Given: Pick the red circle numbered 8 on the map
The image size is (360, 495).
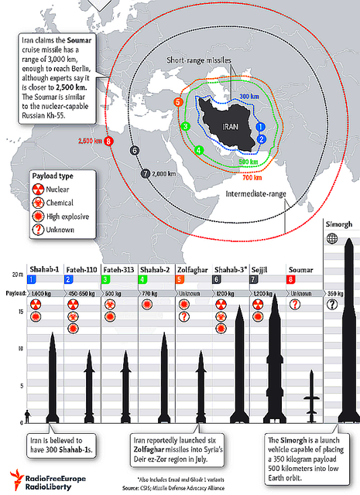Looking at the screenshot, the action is click(x=108, y=141).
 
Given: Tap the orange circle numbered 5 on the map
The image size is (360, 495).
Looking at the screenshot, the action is click(x=179, y=102).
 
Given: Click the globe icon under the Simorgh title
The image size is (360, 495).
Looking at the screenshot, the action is click(x=332, y=239).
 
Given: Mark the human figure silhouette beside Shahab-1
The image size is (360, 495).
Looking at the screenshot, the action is click(x=28, y=417).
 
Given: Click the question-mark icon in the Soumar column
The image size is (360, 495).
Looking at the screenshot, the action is click(x=295, y=305).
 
